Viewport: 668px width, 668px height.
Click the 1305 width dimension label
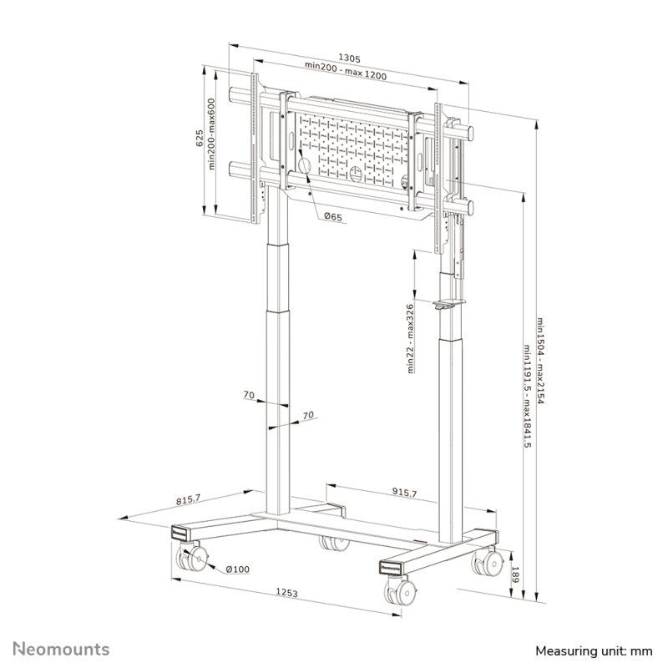point(350,58)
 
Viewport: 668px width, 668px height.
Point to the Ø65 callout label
point(332,217)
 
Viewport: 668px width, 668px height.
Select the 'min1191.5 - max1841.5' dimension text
point(528,396)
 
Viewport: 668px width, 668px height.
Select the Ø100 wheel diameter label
point(238,569)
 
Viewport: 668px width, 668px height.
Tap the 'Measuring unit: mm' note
point(593,650)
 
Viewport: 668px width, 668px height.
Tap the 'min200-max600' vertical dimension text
point(212,134)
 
